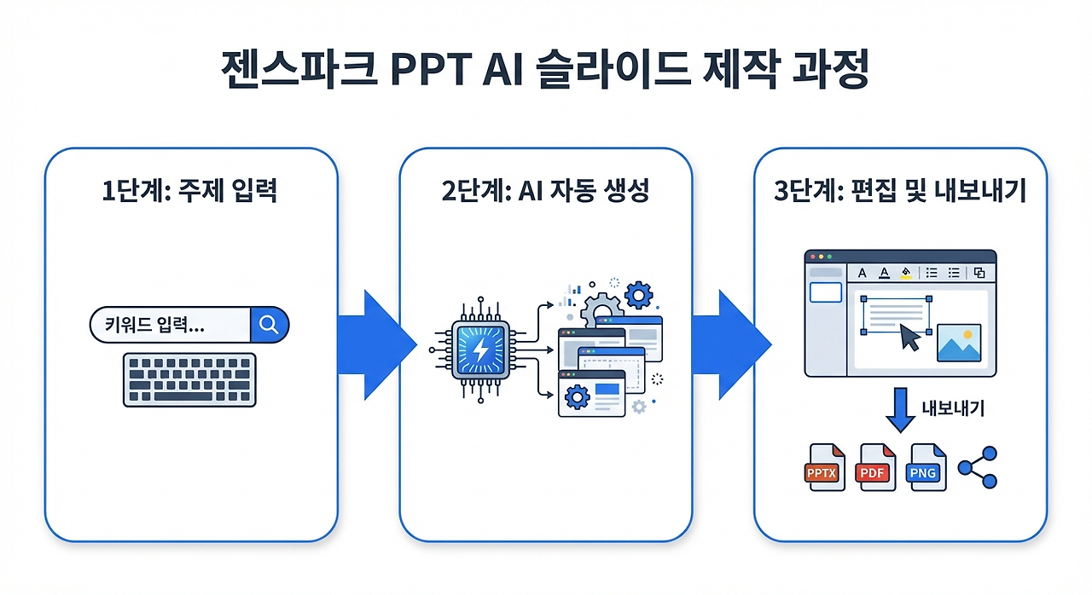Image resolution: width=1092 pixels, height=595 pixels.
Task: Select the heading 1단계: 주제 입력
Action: pyautogui.click(x=189, y=190)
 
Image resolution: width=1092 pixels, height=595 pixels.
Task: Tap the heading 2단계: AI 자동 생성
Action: pyautogui.click(x=545, y=190)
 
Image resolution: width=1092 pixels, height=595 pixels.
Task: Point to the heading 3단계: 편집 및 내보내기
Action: pyautogui.click(x=900, y=190)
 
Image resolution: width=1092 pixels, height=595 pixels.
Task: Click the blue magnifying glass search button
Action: pyautogui.click(x=269, y=325)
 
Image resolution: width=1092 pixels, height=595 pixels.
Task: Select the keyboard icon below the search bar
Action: pyautogui.click(x=189, y=379)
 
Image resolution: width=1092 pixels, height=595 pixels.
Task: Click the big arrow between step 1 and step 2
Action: pyautogui.click(x=376, y=344)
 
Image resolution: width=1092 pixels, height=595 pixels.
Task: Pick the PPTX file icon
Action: pyautogui.click(x=824, y=467)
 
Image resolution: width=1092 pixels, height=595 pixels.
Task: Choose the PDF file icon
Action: pyautogui.click(x=877, y=467)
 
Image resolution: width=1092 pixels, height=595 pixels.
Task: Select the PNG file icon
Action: pyautogui.click(x=928, y=467)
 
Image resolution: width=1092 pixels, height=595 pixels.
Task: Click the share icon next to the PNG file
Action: pyautogui.click(x=978, y=467)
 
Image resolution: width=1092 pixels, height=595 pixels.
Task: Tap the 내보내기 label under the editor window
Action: pyautogui.click(x=953, y=408)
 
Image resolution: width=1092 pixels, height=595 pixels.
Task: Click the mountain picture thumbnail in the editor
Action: pyautogui.click(x=959, y=343)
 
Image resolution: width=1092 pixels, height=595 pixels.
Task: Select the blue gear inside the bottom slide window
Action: pyautogui.click(x=577, y=397)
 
